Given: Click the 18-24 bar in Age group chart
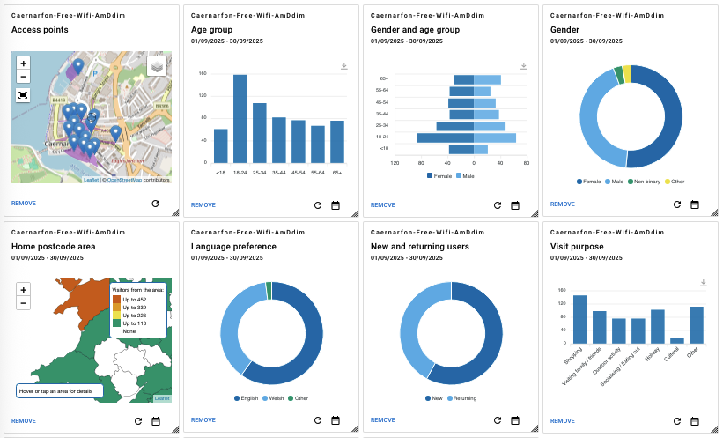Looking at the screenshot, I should pos(240,119).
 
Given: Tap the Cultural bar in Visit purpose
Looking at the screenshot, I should pos(677,339).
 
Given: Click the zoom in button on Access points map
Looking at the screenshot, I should pos(24,63).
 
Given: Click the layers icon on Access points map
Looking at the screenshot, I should pos(157,67).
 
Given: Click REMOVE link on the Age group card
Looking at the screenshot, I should pos(203,204).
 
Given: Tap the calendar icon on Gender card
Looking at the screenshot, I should pos(694,204).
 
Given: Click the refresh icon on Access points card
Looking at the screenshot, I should pos(155,204).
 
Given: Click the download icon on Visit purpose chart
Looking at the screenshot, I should pos(703,283).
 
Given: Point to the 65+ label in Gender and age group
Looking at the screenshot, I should pos(383,79).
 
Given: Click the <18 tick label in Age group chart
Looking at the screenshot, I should pos(220,173).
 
